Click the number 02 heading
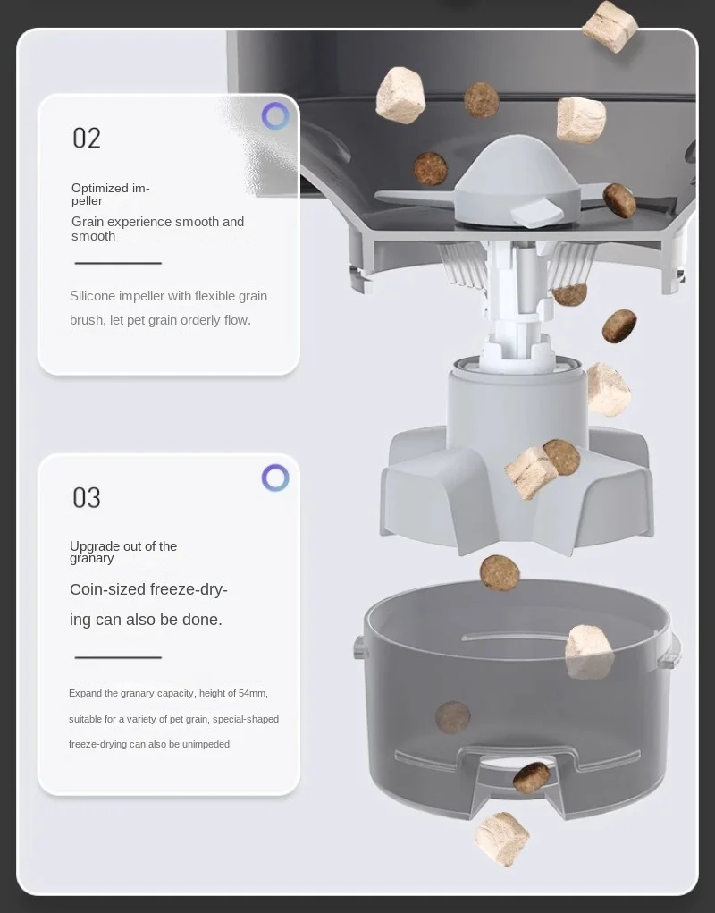pyautogui.click(x=87, y=139)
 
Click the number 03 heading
pyautogui.click(x=87, y=498)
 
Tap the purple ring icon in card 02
pyautogui.click(x=275, y=116)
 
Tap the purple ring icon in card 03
pyautogui.click(x=275, y=478)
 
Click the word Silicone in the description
pyautogui.click(x=92, y=296)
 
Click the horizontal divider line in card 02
pyautogui.click(x=118, y=263)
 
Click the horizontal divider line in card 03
pyautogui.click(x=118, y=657)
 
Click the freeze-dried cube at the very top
pyautogui.click(x=610, y=26)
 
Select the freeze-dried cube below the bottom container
pyautogui.click(x=502, y=839)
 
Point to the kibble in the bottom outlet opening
pyautogui.click(x=531, y=777)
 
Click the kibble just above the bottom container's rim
pyautogui.click(x=500, y=573)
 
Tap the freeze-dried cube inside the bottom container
pyautogui.click(x=589, y=652)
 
